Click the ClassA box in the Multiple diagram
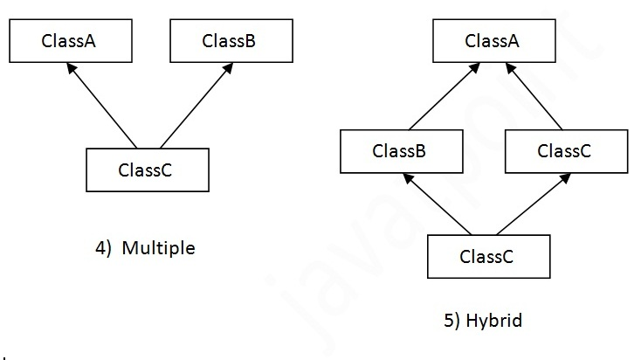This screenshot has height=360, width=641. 71,40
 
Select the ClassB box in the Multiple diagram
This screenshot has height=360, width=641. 231,40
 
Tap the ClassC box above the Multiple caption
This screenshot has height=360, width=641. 148,170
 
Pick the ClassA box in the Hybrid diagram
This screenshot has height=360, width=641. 494,40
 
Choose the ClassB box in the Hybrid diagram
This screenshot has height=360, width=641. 402,151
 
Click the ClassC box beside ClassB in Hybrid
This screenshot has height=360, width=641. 567,151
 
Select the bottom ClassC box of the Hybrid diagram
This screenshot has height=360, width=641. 489,257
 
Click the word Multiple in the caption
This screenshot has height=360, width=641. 159,248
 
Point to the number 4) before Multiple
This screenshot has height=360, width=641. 103,248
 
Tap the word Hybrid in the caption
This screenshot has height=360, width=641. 493,321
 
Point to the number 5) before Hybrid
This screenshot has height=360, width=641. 451,321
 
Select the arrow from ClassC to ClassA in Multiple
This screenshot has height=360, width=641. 102,106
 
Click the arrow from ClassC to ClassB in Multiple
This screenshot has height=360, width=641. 196,106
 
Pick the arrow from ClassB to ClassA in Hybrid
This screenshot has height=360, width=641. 445,96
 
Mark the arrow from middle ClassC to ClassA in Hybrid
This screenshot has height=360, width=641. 534,96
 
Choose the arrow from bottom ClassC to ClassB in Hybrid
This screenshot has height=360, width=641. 437,204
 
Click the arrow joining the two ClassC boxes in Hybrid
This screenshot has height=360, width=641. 534,204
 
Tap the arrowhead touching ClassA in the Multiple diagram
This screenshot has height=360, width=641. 71,68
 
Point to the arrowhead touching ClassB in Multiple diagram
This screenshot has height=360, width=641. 228,68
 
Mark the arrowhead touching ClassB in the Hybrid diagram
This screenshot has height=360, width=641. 408,178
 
